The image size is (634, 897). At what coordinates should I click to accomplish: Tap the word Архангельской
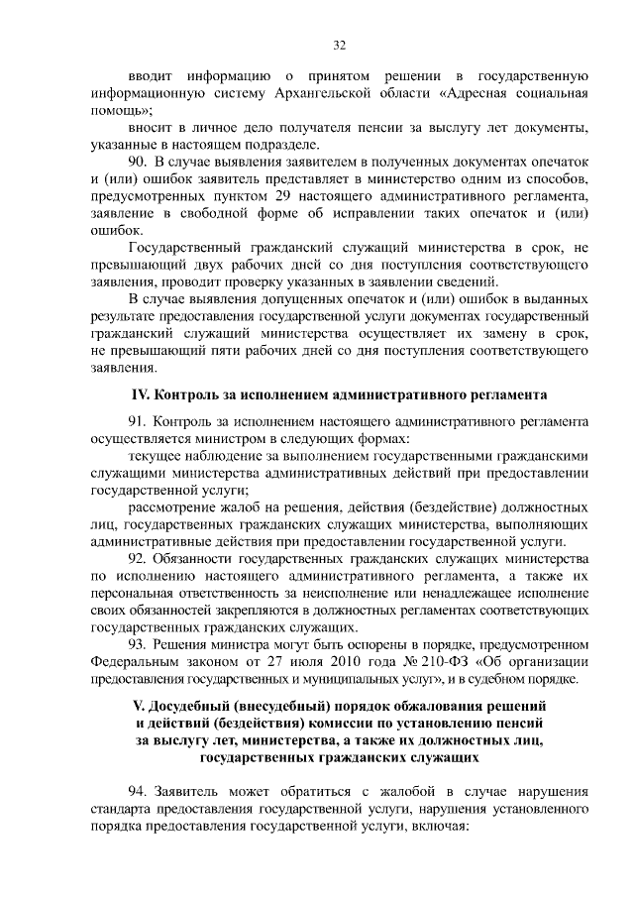point(339,94)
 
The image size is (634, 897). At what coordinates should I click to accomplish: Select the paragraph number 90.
point(139,161)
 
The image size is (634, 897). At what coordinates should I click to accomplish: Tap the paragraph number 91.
point(137,422)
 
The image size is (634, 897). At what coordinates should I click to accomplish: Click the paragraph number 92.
point(137,558)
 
